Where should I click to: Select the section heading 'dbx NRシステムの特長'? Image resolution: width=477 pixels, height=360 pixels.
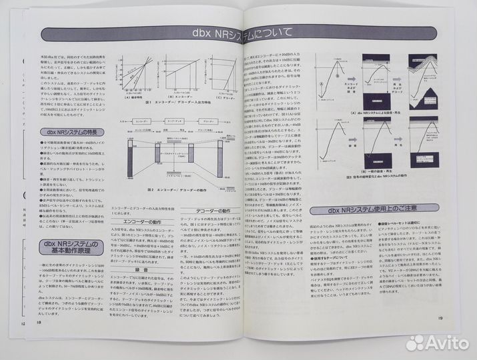[x=65, y=132]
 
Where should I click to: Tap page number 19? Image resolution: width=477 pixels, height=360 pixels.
[x=441, y=317]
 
